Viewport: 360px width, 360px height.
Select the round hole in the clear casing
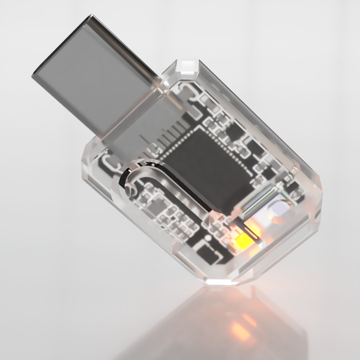click(278, 210)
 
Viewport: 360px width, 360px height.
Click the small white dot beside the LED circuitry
click(207, 237)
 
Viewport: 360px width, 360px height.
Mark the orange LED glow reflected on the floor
click(240, 326)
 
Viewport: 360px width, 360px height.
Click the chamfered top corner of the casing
click(188, 66)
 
